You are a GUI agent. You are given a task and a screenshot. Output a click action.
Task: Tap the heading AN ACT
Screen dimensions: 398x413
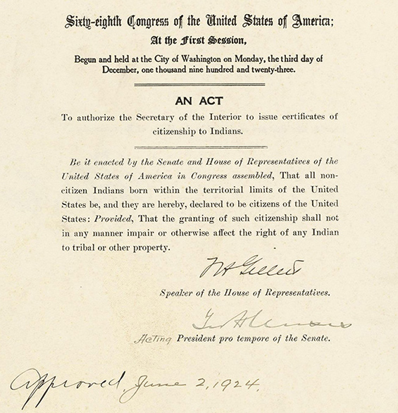pos(199,100)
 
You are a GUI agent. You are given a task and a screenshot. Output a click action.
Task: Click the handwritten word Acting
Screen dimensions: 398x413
pos(152,339)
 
